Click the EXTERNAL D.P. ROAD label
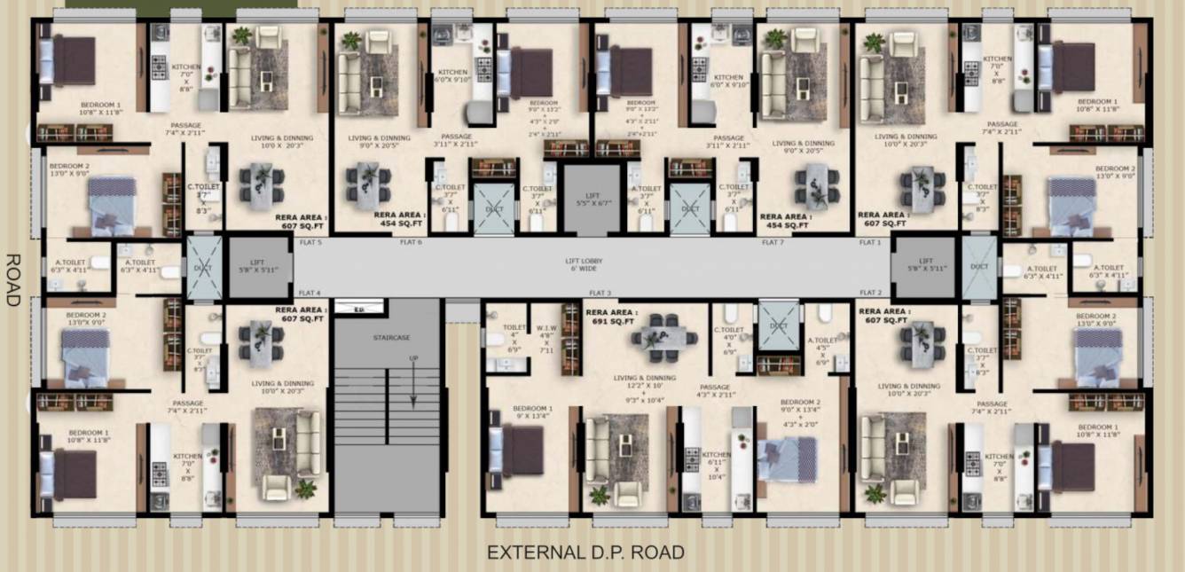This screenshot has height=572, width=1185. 585,552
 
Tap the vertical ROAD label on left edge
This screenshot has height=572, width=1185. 12,279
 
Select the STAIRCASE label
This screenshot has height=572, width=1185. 387,337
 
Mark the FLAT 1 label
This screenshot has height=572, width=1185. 871,242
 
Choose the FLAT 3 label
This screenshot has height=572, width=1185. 600,293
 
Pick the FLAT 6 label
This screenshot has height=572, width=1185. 411,242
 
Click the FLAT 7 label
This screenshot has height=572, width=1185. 773,242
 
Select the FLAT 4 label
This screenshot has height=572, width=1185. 310,293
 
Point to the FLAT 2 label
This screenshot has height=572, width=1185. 871,293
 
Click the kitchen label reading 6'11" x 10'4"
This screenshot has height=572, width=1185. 717,465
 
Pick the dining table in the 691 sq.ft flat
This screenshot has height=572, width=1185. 662,337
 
